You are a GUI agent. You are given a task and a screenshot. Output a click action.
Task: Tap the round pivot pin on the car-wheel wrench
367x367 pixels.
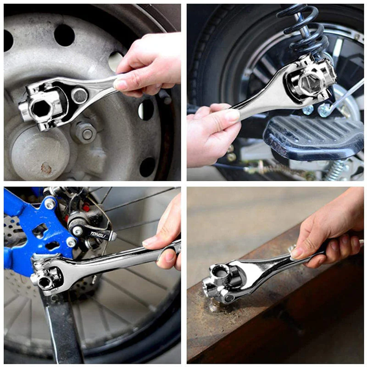pyautogui.click(x=80, y=96)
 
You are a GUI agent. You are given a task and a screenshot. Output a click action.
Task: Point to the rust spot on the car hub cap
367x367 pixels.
pyautogui.click(x=46, y=168)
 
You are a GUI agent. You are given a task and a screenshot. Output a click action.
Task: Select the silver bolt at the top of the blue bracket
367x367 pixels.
pyautogui.click(x=50, y=203)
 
